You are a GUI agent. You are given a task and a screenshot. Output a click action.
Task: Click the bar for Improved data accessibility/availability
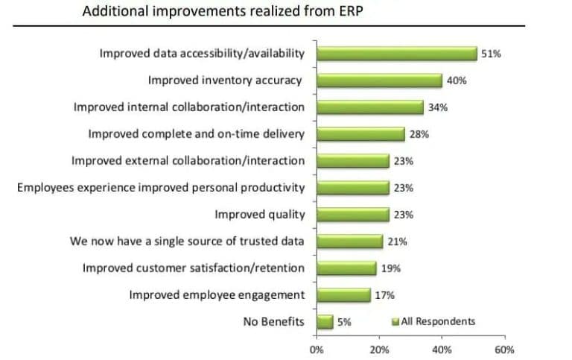tap(396, 54)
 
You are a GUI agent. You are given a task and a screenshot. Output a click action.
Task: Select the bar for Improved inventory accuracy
tap(379, 80)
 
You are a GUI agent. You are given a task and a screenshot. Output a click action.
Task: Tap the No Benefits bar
tap(324, 322)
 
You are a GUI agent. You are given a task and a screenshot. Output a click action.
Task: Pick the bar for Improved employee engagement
tap(343, 295)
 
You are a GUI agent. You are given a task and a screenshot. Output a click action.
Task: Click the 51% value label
tap(490, 54)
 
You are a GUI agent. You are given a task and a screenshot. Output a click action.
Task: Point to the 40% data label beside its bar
tap(457, 80)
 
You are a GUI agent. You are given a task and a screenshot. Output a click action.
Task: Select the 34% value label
tap(437, 107)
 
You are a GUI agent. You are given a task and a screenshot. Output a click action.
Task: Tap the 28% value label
tap(419, 134)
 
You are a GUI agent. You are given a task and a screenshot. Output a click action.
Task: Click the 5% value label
tap(344, 322)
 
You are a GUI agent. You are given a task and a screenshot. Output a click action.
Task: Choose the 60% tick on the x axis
tap(504, 349)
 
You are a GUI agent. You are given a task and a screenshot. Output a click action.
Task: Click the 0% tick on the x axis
tap(316, 349)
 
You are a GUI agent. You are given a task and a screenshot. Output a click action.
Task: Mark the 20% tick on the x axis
tap(378, 349)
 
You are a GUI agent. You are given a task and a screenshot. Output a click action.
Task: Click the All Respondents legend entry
tap(433, 322)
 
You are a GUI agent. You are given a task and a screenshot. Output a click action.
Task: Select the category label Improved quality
tap(260, 215)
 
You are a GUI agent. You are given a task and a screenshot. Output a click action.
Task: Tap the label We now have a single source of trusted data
tap(187, 241)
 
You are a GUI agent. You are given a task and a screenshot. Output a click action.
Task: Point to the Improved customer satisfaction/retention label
tap(193, 268)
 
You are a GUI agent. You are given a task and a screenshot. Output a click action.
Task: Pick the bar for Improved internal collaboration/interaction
tap(369, 107)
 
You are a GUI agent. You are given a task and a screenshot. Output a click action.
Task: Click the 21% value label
tap(398, 241)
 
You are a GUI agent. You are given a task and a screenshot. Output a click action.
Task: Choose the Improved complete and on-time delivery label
tap(196, 134)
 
